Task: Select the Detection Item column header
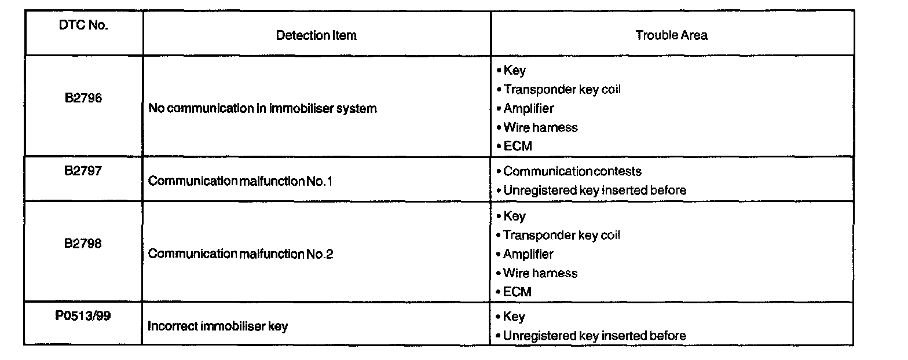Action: pos(316,35)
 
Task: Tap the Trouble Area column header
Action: pos(671,35)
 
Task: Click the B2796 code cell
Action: pos(83,98)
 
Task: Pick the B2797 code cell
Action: pos(83,171)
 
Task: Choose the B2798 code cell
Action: pos(83,244)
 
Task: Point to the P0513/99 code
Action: pos(83,317)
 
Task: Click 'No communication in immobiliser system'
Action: pos(262,108)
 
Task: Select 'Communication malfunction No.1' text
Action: pos(240,181)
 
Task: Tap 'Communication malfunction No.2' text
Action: pos(240,254)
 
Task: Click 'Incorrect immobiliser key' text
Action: pos(218,326)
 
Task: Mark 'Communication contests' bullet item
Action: pos(572,171)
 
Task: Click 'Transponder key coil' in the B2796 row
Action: pos(562,90)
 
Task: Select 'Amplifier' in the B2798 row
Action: pos(528,254)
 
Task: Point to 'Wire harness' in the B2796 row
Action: pos(540,127)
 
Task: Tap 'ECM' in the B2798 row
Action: pos(517,292)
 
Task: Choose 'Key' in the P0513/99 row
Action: pos(514,317)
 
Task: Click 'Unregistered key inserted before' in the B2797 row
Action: pos(594,190)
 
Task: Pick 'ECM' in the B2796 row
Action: pos(517,146)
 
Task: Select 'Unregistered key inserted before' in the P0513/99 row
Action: pos(594,336)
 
